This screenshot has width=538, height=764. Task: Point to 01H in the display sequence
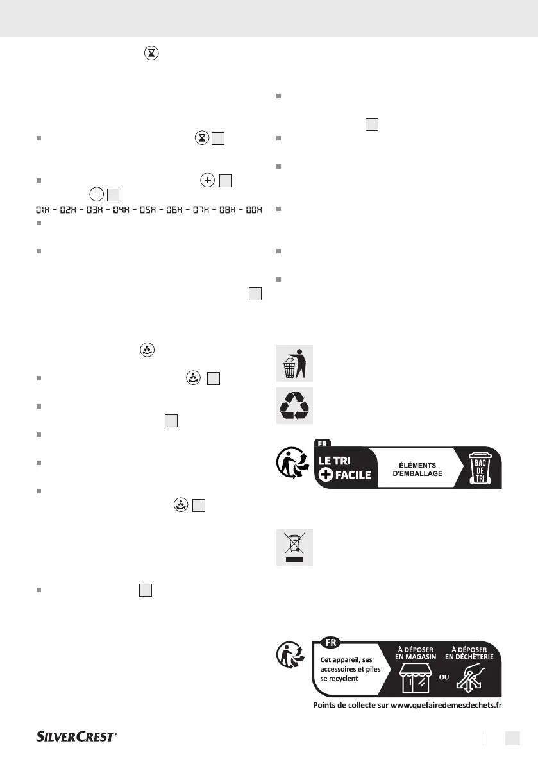click(40, 210)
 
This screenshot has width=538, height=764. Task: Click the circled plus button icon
click(207, 181)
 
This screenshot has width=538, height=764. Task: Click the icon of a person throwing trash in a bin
click(294, 363)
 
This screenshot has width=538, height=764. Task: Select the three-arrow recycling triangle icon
click(294, 405)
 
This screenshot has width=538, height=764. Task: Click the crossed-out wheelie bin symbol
click(294, 547)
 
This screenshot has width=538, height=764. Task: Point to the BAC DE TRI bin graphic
click(479, 468)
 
